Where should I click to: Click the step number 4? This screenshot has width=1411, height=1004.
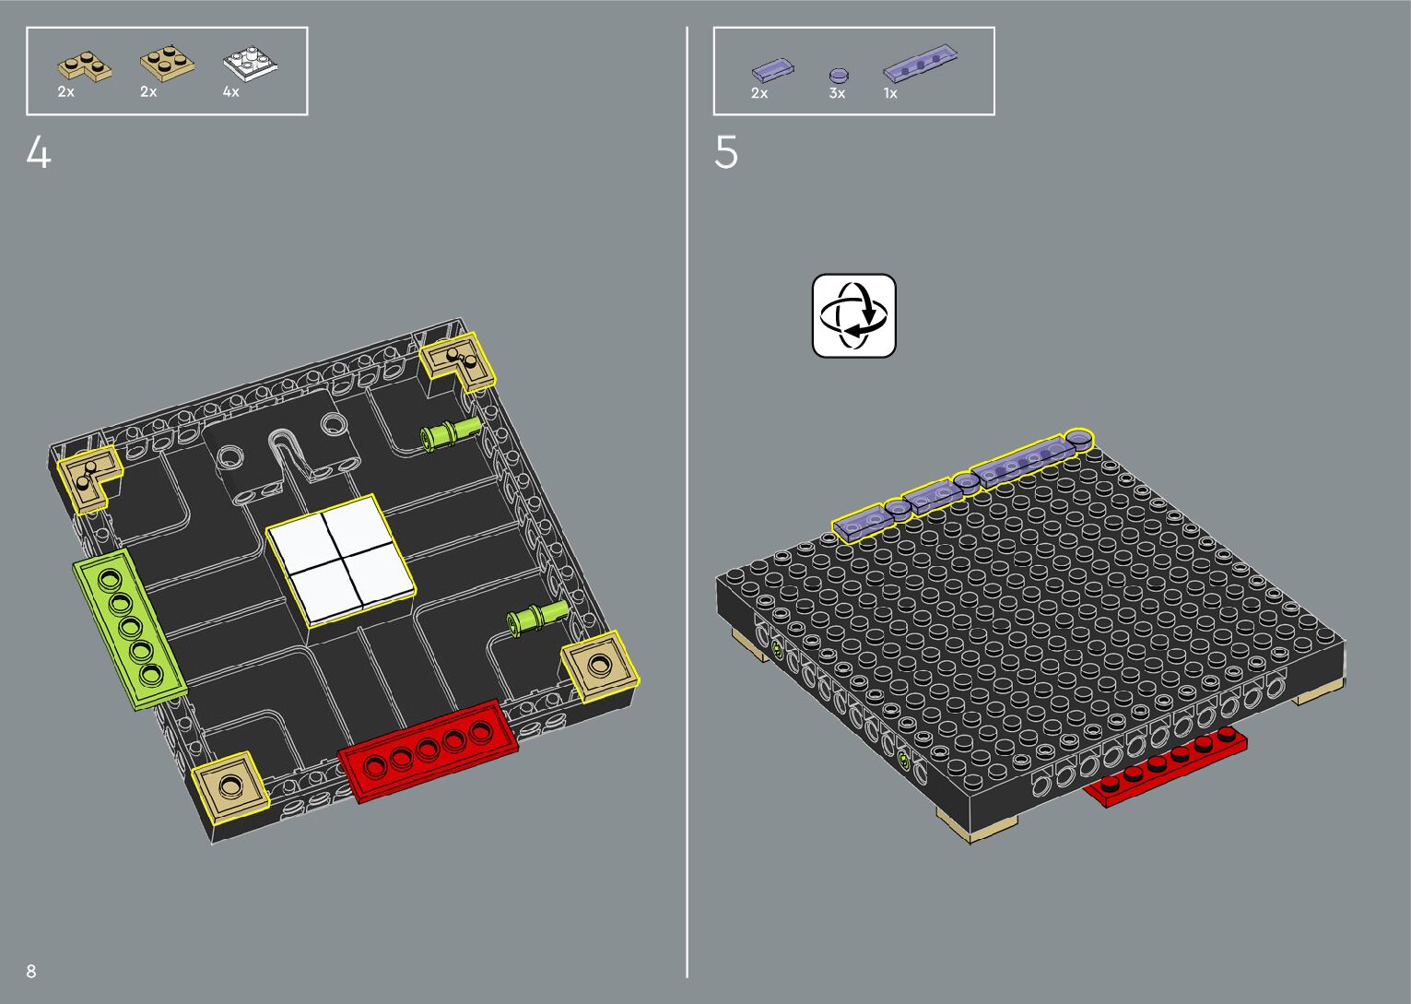point(39,153)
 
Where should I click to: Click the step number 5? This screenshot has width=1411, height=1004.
point(725,153)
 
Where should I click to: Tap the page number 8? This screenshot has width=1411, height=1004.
point(31,971)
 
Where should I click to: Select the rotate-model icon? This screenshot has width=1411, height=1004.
point(853,315)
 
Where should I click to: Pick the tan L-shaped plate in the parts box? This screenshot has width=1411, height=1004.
point(85,65)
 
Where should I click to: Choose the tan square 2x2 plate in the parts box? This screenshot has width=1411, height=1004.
point(167,65)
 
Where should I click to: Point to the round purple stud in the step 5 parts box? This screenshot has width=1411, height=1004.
point(839,77)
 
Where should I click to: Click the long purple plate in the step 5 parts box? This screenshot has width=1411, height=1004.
point(921,63)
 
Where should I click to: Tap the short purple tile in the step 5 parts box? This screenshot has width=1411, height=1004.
point(773,70)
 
